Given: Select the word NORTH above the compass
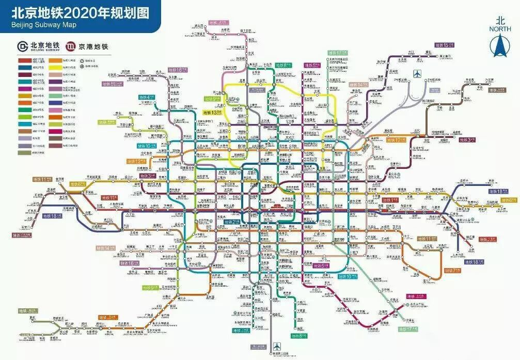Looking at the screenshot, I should click(499, 29).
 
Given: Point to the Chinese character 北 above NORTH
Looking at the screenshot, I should click(499, 20).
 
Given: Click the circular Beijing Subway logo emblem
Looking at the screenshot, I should click(23, 46).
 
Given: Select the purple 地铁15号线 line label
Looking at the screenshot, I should click(445, 45).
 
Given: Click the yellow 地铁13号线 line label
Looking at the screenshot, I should click(214, 112).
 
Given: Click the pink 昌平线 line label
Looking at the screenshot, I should click(218, 23).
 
